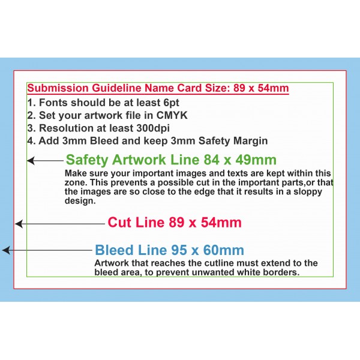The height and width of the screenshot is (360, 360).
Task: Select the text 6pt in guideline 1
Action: [x=171, y=103]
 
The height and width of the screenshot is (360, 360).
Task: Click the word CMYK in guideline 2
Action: [x=172, y=115]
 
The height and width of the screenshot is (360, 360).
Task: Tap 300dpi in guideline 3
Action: [x=153, y=128]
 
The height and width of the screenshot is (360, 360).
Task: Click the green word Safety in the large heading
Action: [x=87, y=160]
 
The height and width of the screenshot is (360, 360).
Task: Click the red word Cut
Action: [x=119, y=222]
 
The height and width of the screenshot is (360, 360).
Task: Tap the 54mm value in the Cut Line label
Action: [x=221, y=223]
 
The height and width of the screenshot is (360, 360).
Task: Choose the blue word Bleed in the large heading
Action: [x=115, y=250]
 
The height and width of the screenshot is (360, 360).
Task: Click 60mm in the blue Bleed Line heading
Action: [x=223, y=250]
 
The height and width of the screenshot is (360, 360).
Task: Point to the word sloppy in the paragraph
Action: [x=308, y=192]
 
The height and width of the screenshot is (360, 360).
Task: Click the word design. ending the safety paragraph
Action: [x=80, y=201]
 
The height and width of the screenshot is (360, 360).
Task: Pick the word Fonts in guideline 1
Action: [x=53, y=103]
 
